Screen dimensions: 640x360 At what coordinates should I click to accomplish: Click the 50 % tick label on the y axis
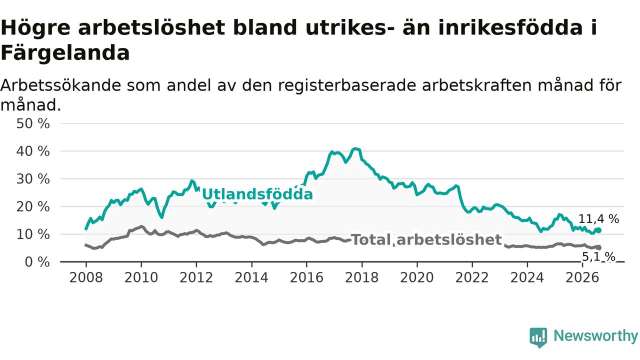click(x=33, y=124)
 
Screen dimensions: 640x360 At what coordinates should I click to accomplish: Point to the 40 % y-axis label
click(x=33, y=151)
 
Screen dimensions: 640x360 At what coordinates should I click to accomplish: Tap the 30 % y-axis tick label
click(x=33, y=179)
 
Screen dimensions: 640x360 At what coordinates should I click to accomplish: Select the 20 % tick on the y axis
click(x=33, y=206)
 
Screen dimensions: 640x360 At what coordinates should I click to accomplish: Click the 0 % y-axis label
click(x=37, y=262)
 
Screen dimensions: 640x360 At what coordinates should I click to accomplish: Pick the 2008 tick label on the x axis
click(x=86, y=277)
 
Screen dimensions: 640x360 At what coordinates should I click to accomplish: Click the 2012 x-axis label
click(x=196, y=277)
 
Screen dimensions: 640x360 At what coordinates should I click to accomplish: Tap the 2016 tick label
click(x=306, y=277)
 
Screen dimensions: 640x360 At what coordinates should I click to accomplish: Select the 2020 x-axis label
click(x=417, y=277)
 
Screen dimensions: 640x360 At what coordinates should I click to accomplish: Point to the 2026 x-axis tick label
click(x=582, y=277)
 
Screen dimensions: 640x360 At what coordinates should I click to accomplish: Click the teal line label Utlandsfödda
click(x=257, y=194)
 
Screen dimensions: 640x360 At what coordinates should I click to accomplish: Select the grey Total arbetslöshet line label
click(x=426, y=239)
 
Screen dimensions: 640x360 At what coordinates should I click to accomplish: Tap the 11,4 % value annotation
click(x=598, y=219)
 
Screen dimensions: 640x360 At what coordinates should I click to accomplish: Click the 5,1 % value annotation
click(x=598, y=257)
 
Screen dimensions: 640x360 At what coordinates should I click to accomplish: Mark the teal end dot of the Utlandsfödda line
click(x=599, y=230)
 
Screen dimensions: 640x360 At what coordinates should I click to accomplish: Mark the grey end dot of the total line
click(x=599, y=247)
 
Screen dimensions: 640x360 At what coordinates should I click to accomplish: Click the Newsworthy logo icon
click(x=538, y=337)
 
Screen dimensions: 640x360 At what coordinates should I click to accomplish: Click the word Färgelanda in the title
click(x=65, y=53)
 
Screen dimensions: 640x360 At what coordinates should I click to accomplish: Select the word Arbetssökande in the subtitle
click(x=60, y=85)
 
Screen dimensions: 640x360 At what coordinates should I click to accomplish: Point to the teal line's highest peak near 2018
click(x=355, y=148)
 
